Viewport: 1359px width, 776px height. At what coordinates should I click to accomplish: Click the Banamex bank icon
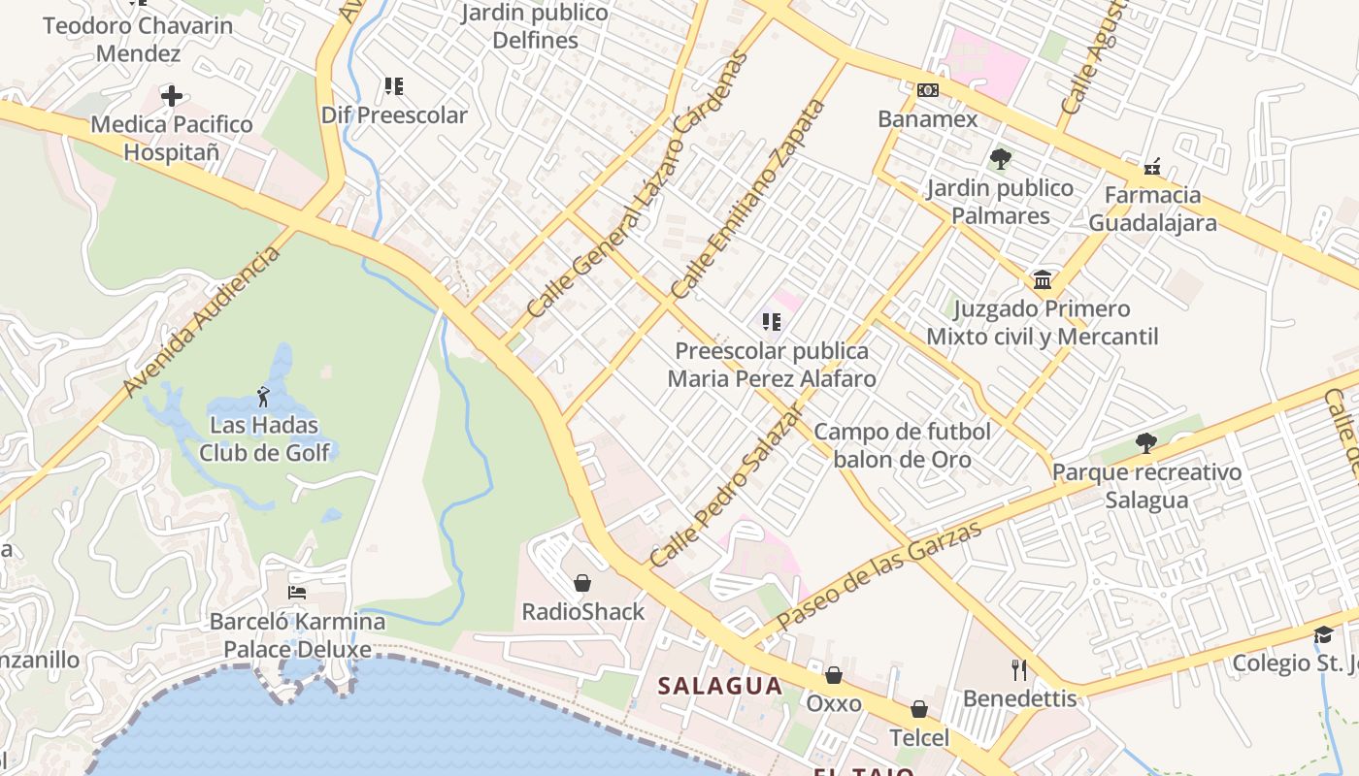point(928,90)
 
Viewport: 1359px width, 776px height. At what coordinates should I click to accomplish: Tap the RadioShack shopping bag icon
point(582,583)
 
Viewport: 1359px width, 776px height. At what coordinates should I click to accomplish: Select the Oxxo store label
point(834,702)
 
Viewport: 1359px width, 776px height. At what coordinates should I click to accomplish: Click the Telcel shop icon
point(918,710)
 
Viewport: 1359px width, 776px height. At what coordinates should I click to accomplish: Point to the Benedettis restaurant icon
point(1019,669)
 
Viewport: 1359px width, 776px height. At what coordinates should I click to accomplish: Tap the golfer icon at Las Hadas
point(263,397)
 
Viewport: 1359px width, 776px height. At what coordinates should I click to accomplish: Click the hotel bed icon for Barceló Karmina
point(297,592)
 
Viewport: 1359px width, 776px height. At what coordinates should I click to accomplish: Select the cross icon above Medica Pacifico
point(172,95)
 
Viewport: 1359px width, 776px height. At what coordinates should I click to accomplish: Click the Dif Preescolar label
point(394,115)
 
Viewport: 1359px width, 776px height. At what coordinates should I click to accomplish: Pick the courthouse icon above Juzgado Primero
point(1043,280)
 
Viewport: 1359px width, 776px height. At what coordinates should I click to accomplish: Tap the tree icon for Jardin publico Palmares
point(1000,158)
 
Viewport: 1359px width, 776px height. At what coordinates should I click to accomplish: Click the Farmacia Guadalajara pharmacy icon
point(1152,167)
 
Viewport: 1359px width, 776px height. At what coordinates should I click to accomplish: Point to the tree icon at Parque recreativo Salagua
point(1146,443)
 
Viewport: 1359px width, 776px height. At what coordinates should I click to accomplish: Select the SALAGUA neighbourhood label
point(720,686)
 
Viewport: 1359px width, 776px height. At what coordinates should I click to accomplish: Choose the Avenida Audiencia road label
point(202,321)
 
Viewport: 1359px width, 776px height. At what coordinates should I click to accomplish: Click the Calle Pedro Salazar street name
point(727,486)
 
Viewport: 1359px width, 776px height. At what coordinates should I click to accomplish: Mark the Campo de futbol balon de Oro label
point(902,445)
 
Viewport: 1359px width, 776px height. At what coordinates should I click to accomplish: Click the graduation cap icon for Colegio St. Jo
point(1323,634)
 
